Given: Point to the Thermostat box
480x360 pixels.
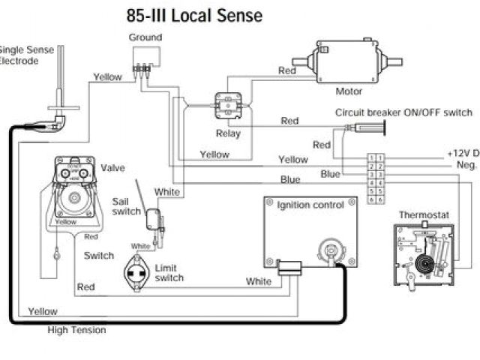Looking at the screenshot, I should [423, 255].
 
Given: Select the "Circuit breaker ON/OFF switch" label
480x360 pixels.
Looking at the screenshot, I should [403, 112].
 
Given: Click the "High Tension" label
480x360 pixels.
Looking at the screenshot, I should [76, 330].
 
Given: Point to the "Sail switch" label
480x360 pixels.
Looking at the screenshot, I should [126, 206].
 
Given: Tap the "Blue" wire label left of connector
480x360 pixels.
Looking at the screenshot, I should [331, 174].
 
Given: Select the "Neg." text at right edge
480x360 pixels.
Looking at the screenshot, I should [466, 164].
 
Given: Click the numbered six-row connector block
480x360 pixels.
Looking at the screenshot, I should [376, 178].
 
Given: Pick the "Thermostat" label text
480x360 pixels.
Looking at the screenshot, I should [422, 214].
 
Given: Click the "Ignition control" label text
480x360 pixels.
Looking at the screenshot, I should [310, 205].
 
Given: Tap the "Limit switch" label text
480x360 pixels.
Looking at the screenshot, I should [169, 273].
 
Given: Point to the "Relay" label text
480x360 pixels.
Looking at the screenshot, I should [228, 134].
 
